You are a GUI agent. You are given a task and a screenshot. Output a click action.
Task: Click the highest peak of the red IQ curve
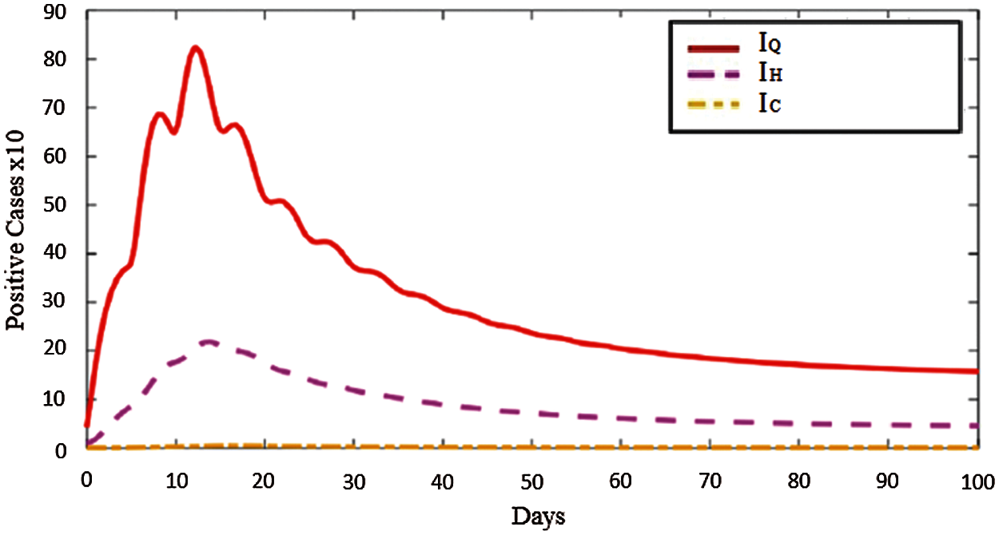pos(195,48)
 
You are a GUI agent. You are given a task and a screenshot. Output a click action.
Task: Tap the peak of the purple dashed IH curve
pos(209,342)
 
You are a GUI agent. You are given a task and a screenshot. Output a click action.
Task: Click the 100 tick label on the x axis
pos(977,481)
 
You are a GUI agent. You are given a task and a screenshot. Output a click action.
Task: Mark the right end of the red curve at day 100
pos(976,371)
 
